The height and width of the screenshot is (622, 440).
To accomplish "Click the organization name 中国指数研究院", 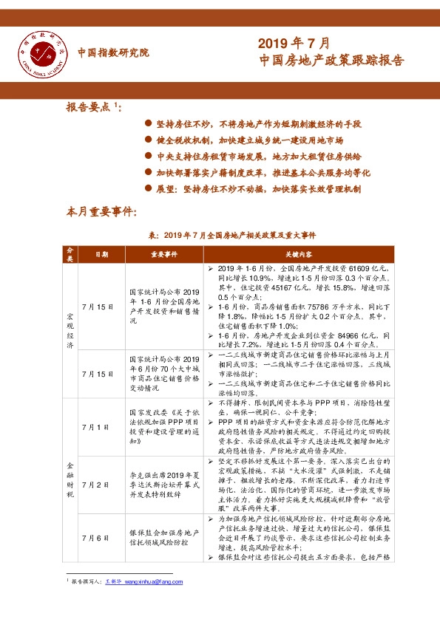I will point(112,53).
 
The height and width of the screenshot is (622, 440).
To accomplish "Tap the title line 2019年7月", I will point(294,42).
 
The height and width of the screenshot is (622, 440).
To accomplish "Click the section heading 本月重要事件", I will point(101,213).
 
